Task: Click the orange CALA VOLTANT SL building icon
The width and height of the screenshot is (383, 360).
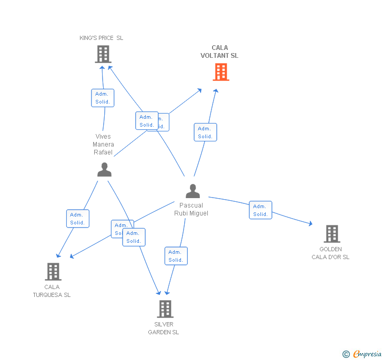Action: click(221, 72)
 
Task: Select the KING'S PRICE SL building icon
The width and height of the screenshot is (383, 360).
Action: click(103, 54)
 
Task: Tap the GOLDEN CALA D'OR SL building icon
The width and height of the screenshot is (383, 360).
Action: click(331, 234)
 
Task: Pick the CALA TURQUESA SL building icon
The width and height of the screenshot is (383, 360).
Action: click(53, 272)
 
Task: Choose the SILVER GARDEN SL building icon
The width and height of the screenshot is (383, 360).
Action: click(165, 309)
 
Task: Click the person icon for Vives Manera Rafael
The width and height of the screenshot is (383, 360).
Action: click(104, 170)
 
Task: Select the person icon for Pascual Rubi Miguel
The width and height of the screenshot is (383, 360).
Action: click(193, 191)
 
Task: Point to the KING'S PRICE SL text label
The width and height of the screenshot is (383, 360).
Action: click(102, 38)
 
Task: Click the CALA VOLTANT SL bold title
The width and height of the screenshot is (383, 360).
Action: click(219, 52)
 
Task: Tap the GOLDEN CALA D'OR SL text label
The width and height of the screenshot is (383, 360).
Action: click(330, 253)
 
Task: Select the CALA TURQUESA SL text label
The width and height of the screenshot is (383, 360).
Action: click(52, 291)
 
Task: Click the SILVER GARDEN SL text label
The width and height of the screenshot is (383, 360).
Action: click(164, 328)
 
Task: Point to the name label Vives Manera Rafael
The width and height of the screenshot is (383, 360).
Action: click(103, 145)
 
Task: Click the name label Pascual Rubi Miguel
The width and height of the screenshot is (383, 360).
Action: click(191, 209)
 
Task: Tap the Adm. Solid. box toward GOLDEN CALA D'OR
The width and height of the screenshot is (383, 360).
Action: click(260, 210)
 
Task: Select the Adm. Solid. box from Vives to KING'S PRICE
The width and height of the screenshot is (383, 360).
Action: click(103, 98)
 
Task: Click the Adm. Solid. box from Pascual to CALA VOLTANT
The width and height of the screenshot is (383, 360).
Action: click(205, 132)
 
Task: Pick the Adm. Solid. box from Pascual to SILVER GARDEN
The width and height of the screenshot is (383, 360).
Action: click(176, 256)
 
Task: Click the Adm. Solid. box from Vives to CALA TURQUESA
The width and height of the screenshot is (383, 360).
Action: click(78, 219)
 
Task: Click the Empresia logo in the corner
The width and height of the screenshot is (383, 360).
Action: click(361, 354)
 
